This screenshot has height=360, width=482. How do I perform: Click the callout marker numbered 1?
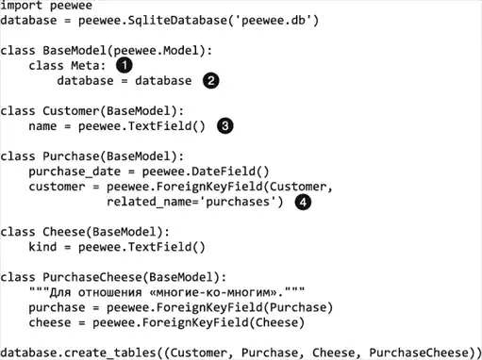pos(125,65)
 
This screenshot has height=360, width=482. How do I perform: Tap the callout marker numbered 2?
pos(210,80)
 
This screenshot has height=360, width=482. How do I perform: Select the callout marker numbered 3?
pos(225,126)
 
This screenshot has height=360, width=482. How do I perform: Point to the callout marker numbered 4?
pos(303,202)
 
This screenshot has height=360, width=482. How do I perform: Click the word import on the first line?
pos(22,6)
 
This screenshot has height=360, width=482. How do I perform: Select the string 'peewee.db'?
pos(274,21)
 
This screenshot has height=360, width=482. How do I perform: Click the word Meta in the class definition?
pos(85,66)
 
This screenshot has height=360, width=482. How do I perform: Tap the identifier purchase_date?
pos(75,172)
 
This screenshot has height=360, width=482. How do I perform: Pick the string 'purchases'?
pos(241,202)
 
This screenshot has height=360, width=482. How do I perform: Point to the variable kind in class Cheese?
pos(42,247)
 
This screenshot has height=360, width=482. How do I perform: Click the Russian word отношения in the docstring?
pos(110,293)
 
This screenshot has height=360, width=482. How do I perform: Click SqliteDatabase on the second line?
pos(177,21)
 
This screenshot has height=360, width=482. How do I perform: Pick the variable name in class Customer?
pos(42,126)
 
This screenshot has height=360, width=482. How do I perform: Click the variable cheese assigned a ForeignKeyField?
pos(50,322)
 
